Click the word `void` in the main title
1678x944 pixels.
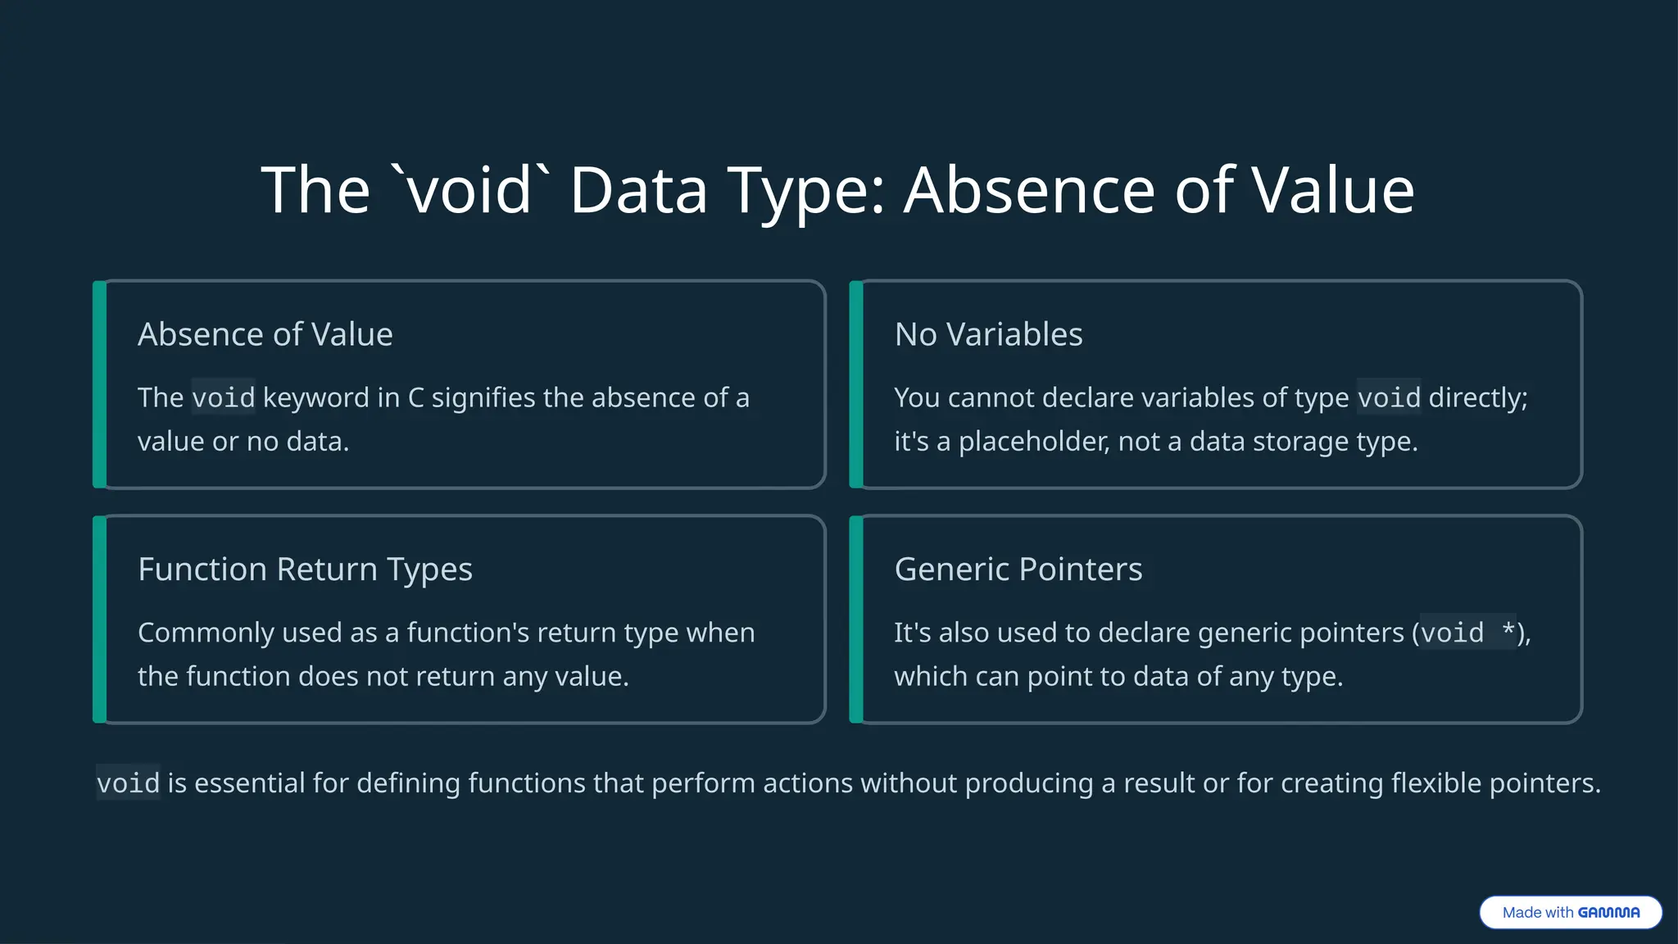coord(470,190)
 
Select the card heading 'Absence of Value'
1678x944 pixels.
coord(265,334)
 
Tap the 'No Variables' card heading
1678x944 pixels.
coord(988,334)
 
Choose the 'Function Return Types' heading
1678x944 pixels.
coord(305,570)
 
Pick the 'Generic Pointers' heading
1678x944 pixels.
coord(1018,570)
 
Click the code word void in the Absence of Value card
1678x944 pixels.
coord(223,397)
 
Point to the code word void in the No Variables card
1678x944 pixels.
coord(1389,397)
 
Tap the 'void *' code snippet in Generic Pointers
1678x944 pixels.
coord(1467,633)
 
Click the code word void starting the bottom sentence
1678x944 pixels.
coord(128,783)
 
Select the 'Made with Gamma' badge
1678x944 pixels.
coord(1570,912)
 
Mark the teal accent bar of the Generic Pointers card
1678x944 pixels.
coord(856,619)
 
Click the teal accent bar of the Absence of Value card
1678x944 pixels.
coord(99,384)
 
